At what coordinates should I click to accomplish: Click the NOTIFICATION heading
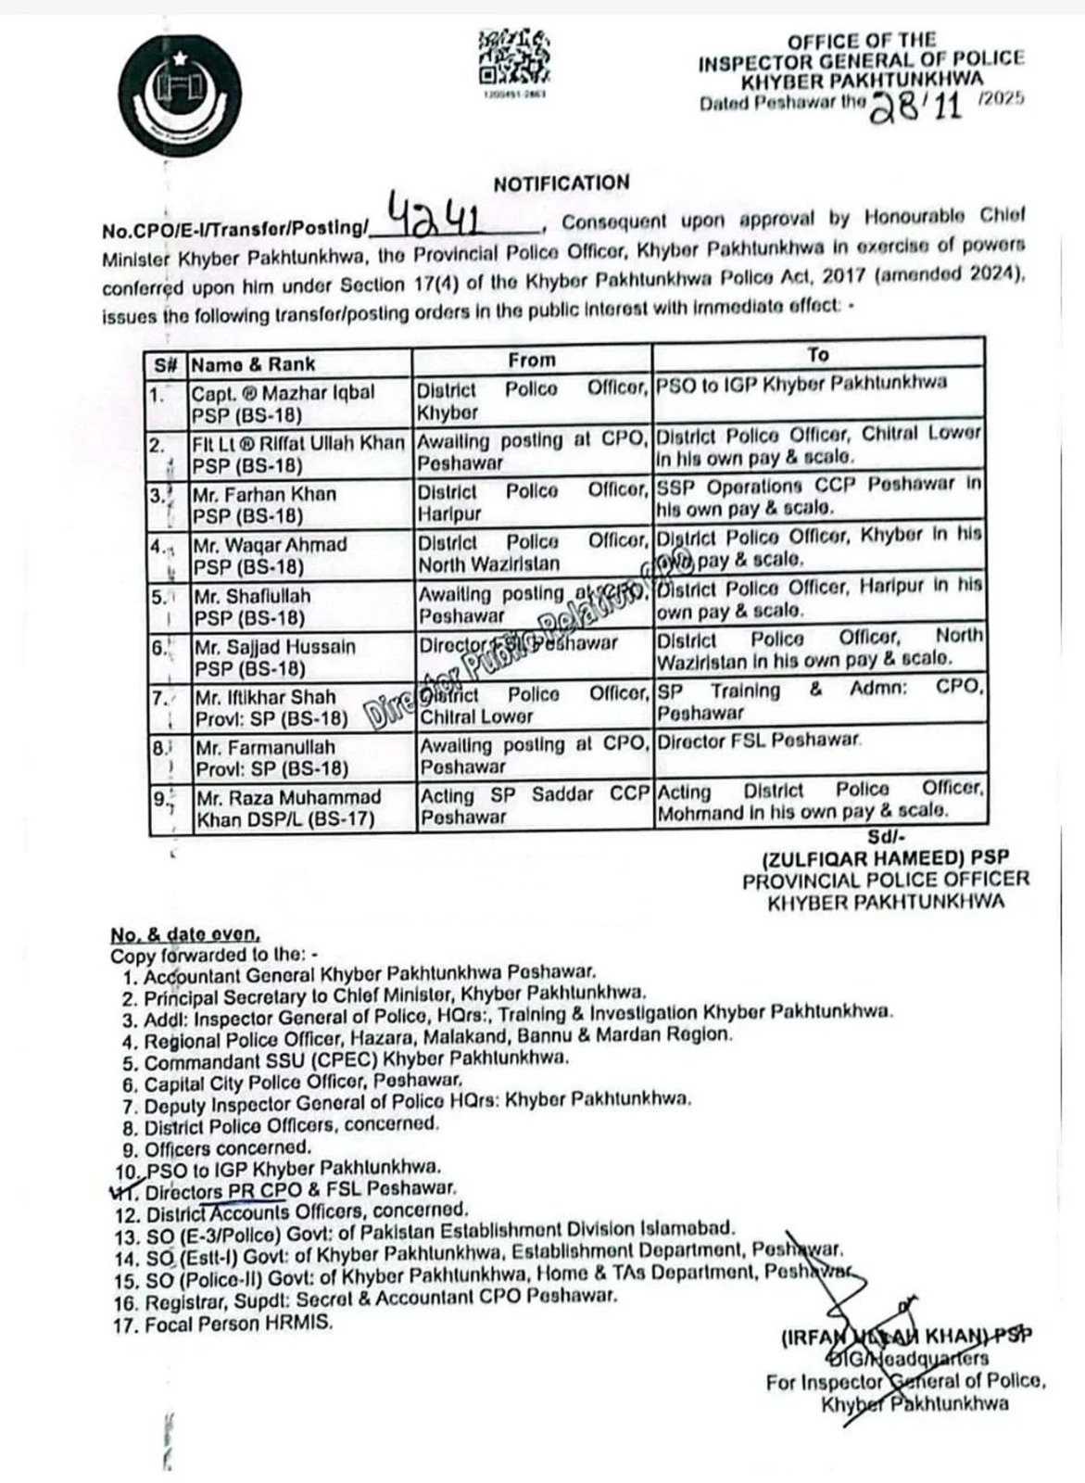(561, 183)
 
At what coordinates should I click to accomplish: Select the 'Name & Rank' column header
(253, 364)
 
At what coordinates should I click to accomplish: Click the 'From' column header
(532, 360)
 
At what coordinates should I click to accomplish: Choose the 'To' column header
(817, 355)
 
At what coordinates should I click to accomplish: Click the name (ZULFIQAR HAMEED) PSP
(885, 857)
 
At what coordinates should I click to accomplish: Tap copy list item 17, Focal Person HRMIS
(237, 1325)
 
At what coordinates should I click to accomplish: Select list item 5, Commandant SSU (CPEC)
(356, 1059)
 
